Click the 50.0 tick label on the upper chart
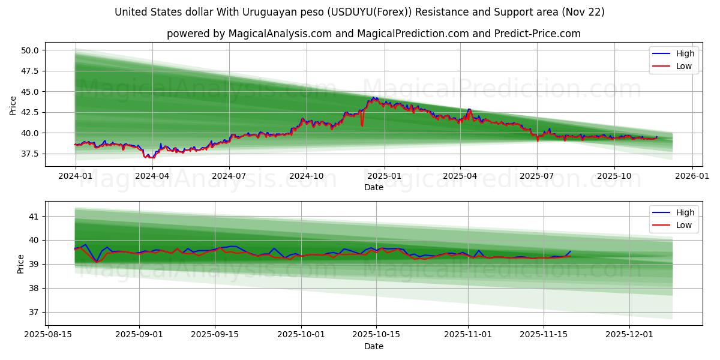30,50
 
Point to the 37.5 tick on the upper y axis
30,154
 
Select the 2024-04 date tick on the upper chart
152,176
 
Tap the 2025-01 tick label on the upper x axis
384,176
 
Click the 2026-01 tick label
692,176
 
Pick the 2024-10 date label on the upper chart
307,176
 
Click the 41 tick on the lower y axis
34,216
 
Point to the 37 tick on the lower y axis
34,312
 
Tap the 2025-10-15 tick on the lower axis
377,335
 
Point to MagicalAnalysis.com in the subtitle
280,34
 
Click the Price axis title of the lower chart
20,263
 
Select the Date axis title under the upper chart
373,187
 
